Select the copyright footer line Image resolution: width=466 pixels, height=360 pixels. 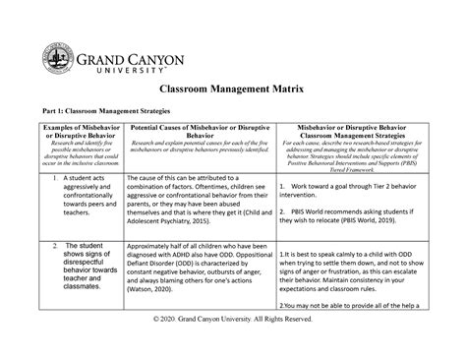[232, 347]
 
